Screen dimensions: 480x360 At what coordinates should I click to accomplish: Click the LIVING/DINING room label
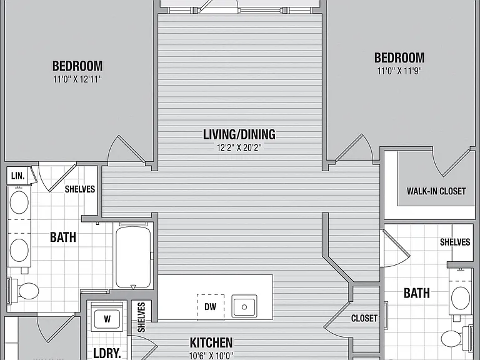click(239, 135)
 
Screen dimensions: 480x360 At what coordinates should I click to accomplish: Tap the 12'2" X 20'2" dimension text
click(239, 148)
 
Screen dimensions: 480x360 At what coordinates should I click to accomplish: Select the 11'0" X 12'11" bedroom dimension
click(77, 79)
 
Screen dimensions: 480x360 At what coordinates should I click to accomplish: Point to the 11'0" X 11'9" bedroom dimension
click(399, 71)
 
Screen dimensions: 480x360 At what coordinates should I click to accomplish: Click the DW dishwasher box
click(211, 307)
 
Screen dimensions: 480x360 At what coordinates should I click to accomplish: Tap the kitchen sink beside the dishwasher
click(244, 306)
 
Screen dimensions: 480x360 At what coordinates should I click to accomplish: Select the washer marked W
click(107, 319)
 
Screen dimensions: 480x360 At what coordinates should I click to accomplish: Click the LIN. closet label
click(17, 176)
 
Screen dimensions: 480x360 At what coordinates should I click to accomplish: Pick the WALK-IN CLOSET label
click(436, 191)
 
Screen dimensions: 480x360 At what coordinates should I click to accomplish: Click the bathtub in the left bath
click(133, 257)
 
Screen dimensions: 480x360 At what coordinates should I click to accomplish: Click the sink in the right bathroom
click(461, 298)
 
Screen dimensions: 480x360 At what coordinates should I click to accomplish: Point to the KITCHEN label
click(211, 343)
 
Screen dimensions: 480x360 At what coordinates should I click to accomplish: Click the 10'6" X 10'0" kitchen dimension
click(211, 356)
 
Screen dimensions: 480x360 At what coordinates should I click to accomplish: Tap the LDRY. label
click(107, 353)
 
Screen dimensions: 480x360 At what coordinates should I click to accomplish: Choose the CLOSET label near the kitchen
click(364, 318)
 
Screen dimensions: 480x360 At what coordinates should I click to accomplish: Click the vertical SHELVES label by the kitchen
click(141, 317)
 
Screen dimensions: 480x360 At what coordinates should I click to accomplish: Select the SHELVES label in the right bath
click(455, 242)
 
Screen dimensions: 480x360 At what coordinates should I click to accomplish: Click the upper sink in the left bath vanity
click(19, 202)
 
